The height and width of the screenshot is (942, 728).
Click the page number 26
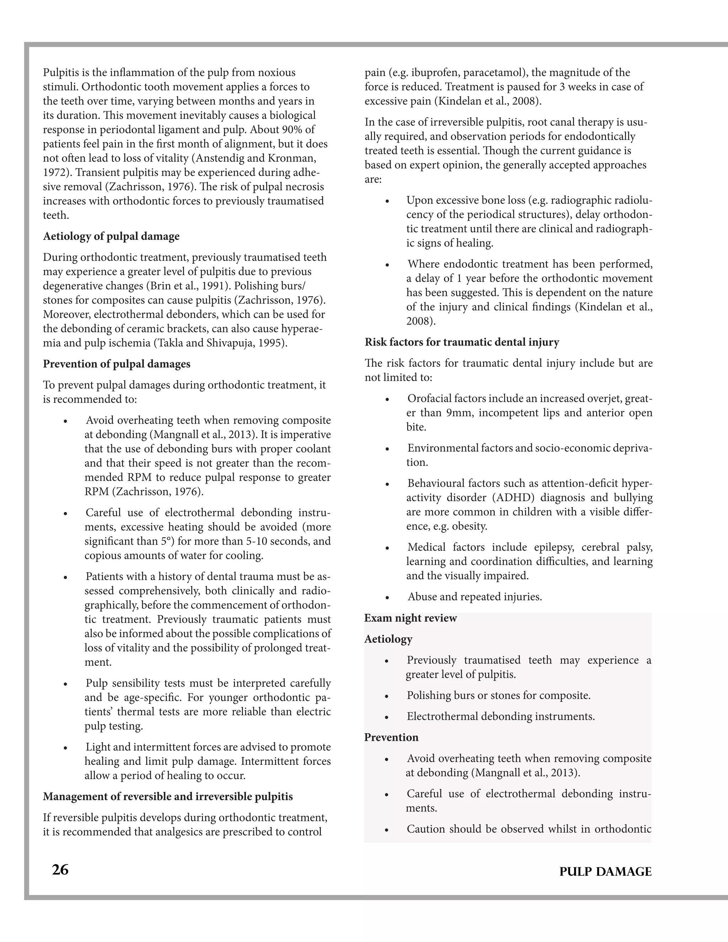(60, 870)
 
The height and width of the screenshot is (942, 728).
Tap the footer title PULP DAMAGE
(605, 872)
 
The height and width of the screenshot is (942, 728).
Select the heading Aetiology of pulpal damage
(111, 236)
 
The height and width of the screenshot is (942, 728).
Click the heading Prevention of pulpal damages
(117, 364)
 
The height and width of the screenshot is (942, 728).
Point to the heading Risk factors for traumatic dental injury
(462, 342)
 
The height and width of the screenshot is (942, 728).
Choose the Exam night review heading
(411, 618)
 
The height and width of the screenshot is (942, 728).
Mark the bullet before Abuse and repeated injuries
(387, 598)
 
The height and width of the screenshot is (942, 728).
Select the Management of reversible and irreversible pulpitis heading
(168, 796)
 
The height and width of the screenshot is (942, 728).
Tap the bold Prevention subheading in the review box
(391, 737)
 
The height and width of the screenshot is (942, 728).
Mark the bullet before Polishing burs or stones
(387, 696)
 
